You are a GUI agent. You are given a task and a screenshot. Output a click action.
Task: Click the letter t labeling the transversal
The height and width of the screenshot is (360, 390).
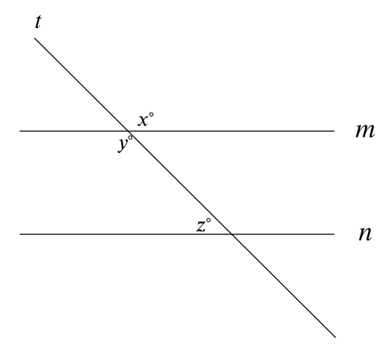click(38, 22)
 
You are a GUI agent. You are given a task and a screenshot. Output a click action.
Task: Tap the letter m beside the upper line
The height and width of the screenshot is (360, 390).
click(365, 131)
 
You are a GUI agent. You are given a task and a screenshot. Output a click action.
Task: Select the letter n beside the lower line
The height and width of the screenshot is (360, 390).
click(365, 234)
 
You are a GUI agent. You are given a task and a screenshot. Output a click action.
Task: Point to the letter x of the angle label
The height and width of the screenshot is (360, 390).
click(142, 120)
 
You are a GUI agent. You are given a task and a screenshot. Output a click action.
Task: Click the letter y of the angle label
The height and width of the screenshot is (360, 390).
click(122, 144)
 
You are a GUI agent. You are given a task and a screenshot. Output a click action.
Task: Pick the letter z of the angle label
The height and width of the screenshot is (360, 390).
click(201, 226)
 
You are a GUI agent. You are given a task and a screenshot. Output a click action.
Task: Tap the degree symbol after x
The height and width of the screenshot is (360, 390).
click(151, 115)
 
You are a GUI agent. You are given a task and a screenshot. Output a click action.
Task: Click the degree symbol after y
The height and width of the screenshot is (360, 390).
click(130, 138)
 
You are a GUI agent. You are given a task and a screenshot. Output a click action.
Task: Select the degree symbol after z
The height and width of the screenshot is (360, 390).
click(209, 220)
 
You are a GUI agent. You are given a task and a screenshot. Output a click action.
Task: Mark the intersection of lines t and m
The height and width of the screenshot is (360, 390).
click(128, 131)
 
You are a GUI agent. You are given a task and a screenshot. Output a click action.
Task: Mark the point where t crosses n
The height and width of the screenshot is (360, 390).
click(232, 234)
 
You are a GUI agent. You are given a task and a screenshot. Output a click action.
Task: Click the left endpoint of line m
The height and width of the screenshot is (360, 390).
click(20, 131)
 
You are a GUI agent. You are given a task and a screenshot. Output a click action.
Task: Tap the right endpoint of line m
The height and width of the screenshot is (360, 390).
click(334, 131)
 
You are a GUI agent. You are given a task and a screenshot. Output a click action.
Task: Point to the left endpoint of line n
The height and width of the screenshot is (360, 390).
click(20, 234)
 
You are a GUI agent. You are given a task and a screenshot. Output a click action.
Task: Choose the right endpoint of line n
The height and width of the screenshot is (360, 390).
click(334, 234)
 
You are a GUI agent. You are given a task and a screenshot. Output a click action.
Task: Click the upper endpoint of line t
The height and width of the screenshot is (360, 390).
click(35, 38)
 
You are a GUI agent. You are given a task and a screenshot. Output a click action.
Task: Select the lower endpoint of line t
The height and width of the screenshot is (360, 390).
click(336, 337)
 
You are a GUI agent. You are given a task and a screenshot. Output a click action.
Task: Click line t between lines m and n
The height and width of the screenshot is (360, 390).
click(180, 182)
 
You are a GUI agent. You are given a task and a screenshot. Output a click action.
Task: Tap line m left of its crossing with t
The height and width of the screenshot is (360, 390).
click(74, 131)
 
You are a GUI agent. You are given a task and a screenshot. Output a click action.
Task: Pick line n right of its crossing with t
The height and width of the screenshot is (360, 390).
click(283, 234)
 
